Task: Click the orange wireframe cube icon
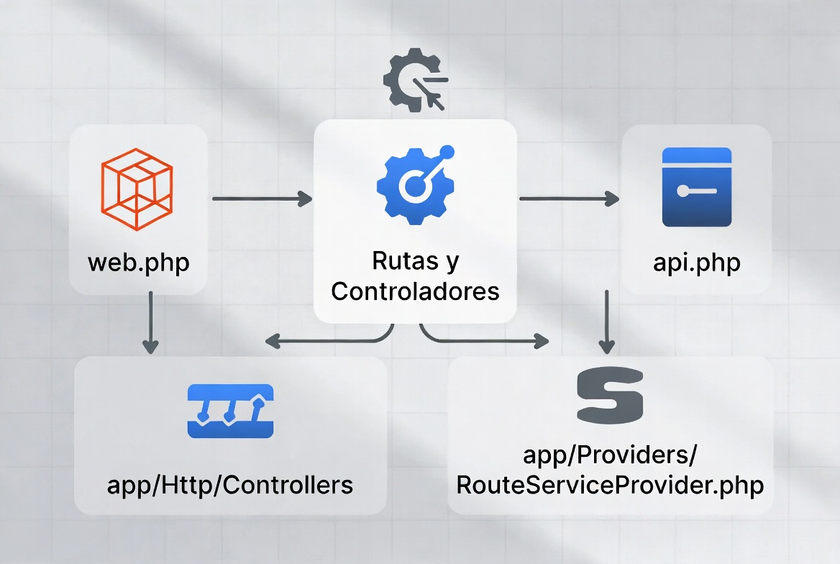(x=137, y=183)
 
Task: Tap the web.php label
(x=139, y=262)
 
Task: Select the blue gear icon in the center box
(x=415, y=183)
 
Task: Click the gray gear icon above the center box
(x=414, y=79)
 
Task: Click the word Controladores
(x=415, y=291)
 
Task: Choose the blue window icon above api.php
(x=696, y=187)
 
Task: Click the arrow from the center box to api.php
(x=568, y=199)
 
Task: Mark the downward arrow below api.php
(x=607, y=322)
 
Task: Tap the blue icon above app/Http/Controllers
(x=230, y=411)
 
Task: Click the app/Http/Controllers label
(x=230, y=484)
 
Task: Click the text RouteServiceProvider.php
(x=610, y=484)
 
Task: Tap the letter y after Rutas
(x=451, y=262)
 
